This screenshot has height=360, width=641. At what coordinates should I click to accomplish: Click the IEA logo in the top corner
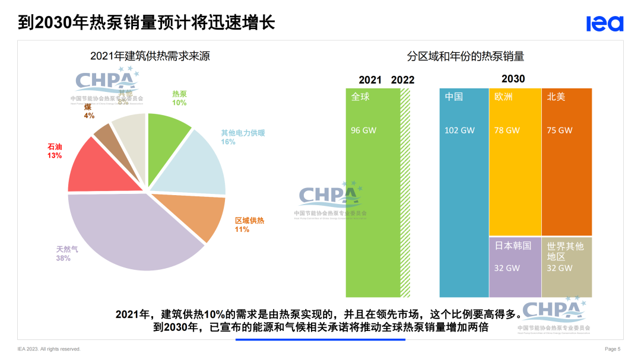605,23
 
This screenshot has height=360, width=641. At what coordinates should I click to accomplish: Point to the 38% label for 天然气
64,259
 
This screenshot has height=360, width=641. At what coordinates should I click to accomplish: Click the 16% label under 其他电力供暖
228,142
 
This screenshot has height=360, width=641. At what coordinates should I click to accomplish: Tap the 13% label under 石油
55,155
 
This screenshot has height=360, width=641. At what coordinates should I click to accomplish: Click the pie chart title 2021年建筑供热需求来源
150,56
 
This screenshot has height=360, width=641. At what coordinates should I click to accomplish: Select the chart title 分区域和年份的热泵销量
465,56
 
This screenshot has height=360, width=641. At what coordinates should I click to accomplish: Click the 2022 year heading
403,80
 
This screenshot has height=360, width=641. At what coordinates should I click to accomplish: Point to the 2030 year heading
513,79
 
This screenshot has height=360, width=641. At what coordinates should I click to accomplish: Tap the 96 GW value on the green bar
363,130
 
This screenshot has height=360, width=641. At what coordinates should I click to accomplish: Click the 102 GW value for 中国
459,130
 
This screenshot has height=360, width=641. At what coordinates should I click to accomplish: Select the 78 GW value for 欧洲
507,130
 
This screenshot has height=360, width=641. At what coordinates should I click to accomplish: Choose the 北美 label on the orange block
556,97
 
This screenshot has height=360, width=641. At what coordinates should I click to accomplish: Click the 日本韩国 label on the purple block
513,246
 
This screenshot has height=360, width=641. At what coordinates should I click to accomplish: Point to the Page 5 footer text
613,349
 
